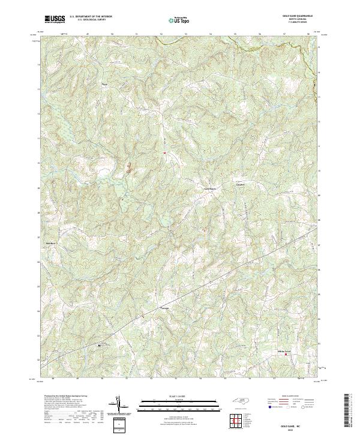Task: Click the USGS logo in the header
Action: pos(55,19)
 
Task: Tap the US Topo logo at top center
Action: pos(180,19)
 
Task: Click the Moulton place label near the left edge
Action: pos(51,243)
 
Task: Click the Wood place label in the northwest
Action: pos(106,85)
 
